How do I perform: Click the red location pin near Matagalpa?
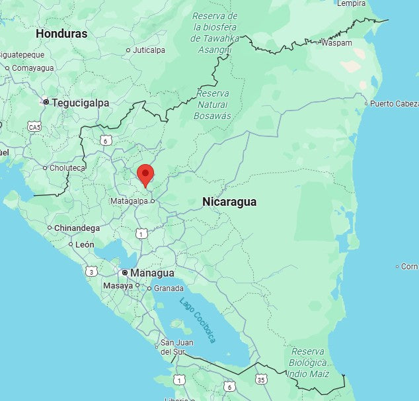145,174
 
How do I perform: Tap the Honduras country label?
61,33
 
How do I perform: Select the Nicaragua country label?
229,202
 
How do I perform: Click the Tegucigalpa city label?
80,103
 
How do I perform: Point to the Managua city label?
152,273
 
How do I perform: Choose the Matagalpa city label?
129,200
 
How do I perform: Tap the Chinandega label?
77,228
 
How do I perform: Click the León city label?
85,244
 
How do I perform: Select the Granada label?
168,289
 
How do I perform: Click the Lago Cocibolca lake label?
198,319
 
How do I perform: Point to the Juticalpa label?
149,50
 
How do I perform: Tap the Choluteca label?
67,168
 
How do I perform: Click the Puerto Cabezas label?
394,104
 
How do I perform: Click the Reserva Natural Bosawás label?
213,105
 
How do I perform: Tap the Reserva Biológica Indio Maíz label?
309,363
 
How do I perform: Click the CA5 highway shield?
34,126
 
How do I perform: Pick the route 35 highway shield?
261,379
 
